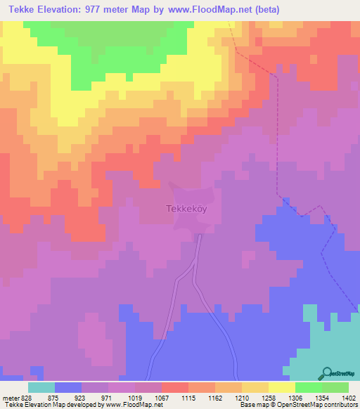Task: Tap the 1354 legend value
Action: (321, 397)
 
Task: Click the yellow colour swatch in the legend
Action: (281, 387)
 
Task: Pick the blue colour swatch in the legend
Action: (67, 387)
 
